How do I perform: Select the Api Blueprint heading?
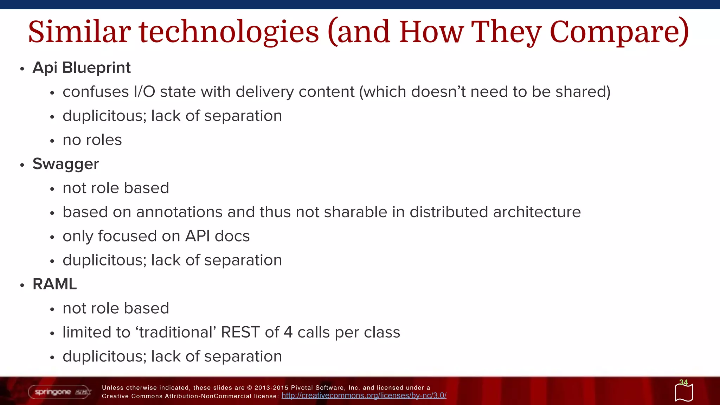pos(82,67)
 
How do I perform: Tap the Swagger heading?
pos(66,164)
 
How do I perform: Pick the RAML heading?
pos(54,284)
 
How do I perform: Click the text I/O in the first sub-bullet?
pos(144,92)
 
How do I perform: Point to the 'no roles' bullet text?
pos(92,140)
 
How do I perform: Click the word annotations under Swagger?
pos(179,212)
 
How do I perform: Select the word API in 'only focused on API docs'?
pos(198,236)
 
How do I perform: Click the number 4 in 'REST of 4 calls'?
pos(288,332)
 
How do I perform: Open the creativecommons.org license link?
pos(364,396)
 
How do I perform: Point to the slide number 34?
pos(683,382)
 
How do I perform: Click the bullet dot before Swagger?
pos(22,165)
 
